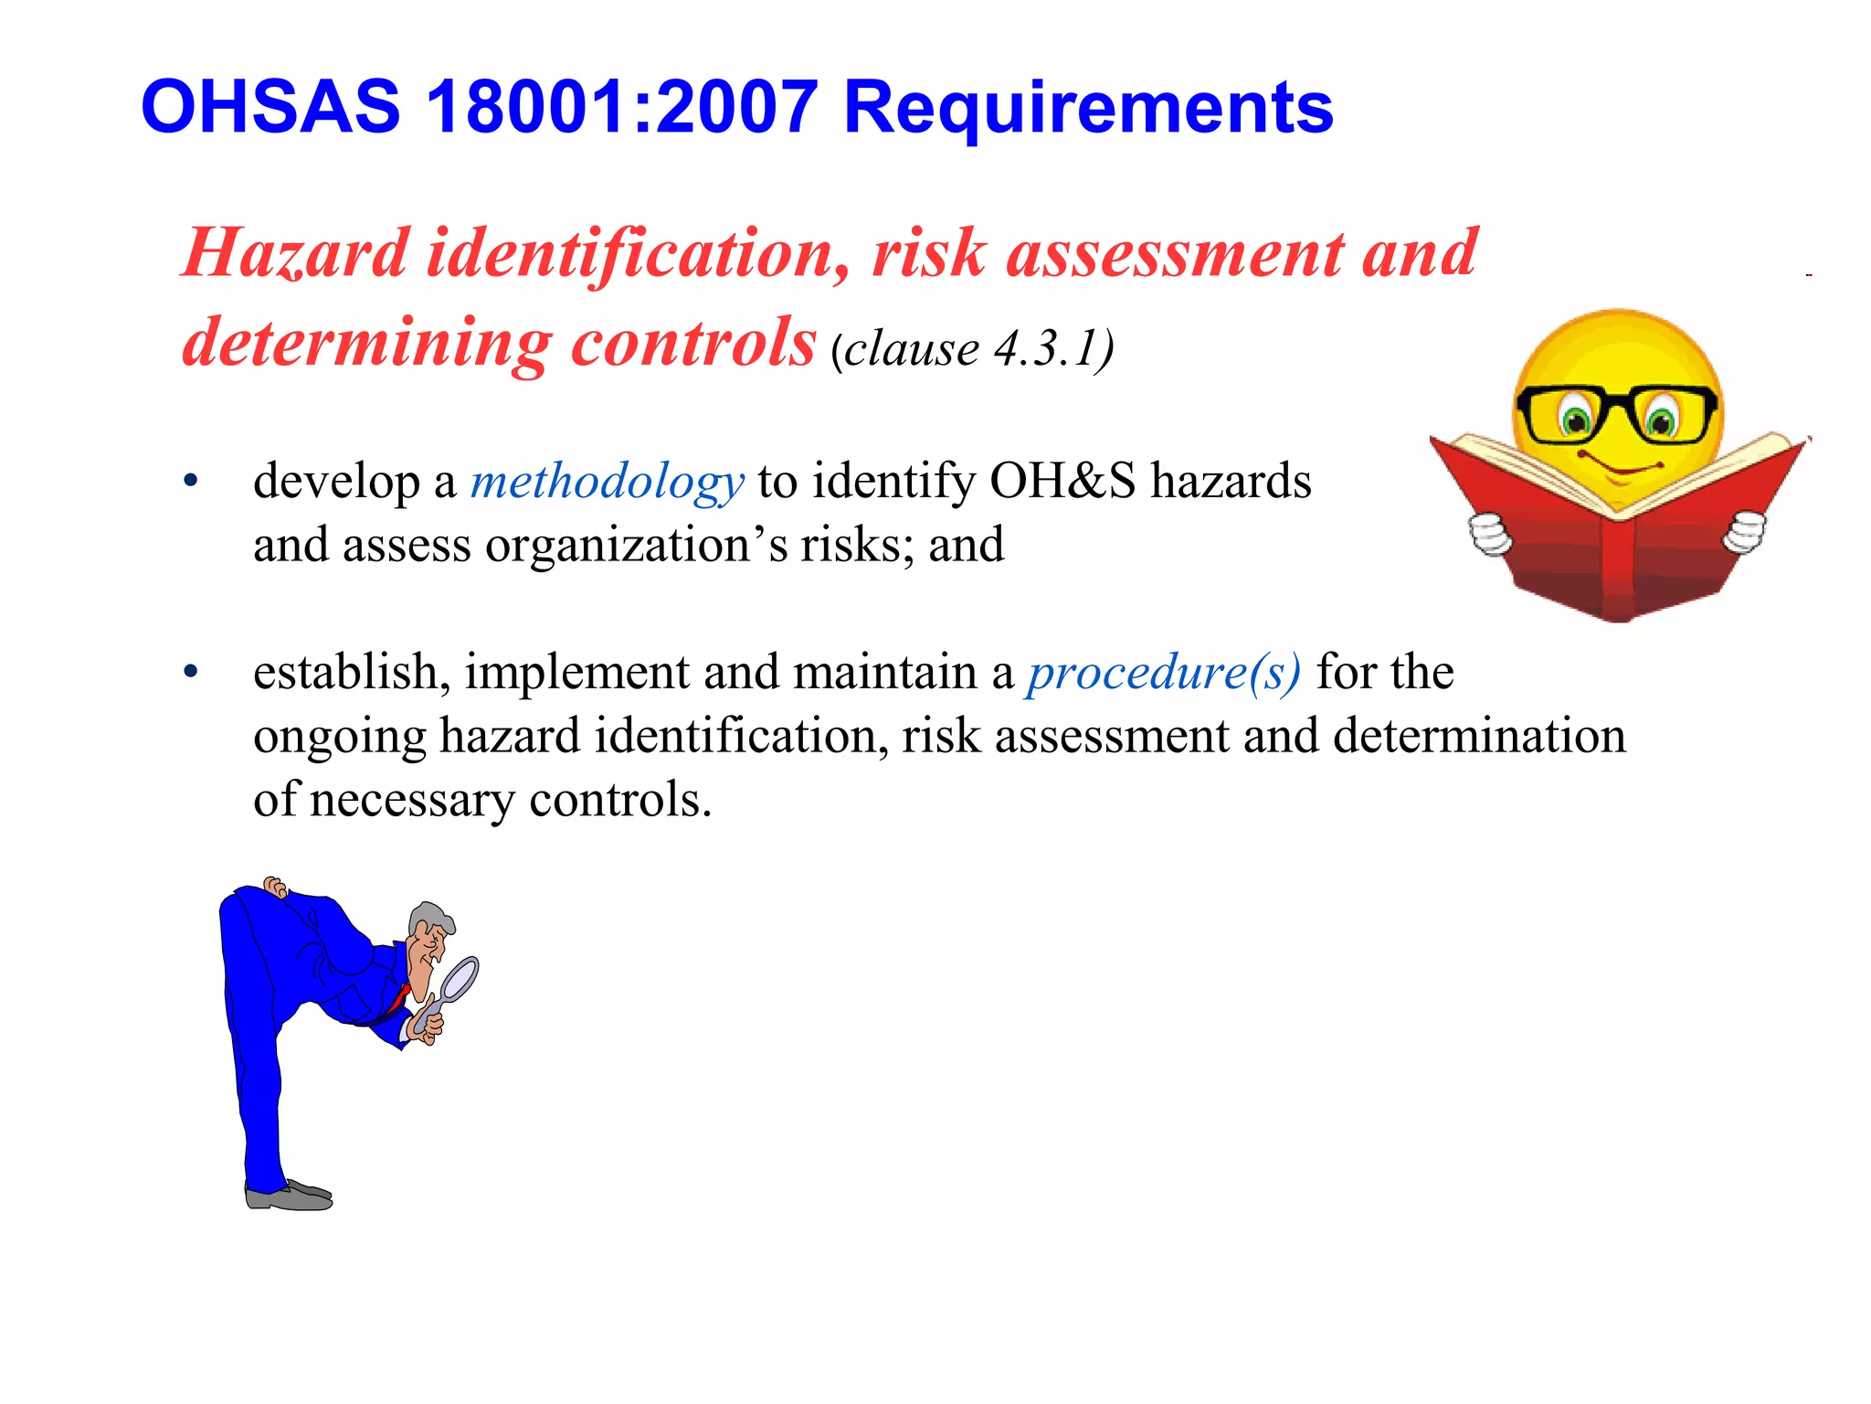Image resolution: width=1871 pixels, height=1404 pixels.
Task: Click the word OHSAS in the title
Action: pyautogui.click(x=270, y=107)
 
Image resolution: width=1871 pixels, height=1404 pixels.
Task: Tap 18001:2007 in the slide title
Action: pyautogui.click(x=621, y=107)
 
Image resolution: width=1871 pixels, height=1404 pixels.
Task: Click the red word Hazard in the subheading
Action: pyautogui.click(x=295, y=253)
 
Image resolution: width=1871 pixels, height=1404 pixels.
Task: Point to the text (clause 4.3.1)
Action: pyautogui.click(x=972, y=348)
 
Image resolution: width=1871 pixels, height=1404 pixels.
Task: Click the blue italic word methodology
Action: pyautogui.click(x=607, y=482)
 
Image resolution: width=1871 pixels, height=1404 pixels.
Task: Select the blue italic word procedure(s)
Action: pyautogui.click(x=1163, y=674)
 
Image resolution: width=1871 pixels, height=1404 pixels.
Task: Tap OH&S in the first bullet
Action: pyautogui.click(x=1062, y=481)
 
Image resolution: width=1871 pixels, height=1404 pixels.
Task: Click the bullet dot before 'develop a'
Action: pyautogui.click(x=190, y=481)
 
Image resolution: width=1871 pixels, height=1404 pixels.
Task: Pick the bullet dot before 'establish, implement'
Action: pyautogui.click(x=190, y=673)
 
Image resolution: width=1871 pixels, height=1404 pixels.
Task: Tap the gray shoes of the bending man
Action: pyautogui.click(x=289, y=1196)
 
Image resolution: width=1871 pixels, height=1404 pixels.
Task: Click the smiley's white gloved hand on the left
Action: pyautogui.click(x=1490, y=535)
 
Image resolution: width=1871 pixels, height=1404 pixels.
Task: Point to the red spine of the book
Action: pyautogui.click(x=1617, y=567)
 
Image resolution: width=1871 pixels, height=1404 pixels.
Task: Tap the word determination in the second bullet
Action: pyautogui.click(x=1479, y=736)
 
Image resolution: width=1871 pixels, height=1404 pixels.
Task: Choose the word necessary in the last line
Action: pyautogui.click(x=412, y=801)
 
